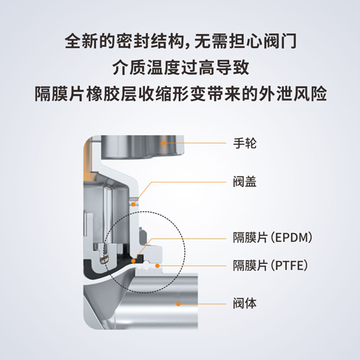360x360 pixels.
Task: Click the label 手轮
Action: coord(245,143)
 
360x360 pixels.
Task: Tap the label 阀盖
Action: coord(245,182)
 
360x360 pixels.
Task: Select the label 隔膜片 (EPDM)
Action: coord(273,238)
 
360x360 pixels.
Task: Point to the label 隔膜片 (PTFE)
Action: coord(271,265)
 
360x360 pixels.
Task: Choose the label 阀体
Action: coord(245,304)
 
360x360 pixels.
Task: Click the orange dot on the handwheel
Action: coord(163,143)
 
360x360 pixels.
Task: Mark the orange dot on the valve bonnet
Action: coord(133,204)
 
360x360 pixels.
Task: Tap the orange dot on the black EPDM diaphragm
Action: coord(133,261)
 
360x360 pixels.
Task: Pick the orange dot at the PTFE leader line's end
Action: coord(157,265)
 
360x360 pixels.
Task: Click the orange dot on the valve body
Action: coord(178,304)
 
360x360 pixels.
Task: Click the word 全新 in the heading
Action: coord(81,41)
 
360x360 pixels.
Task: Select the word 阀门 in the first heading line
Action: coord(280,41)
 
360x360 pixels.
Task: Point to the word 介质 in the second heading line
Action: coord(129,67)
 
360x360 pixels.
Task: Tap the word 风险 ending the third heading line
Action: coord(310,94)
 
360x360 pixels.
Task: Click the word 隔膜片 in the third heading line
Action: coord(60,94)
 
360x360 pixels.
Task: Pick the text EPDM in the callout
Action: coord(291,238)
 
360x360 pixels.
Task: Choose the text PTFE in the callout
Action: coord(289,265)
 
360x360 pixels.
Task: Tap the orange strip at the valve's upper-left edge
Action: coord(87,160)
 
